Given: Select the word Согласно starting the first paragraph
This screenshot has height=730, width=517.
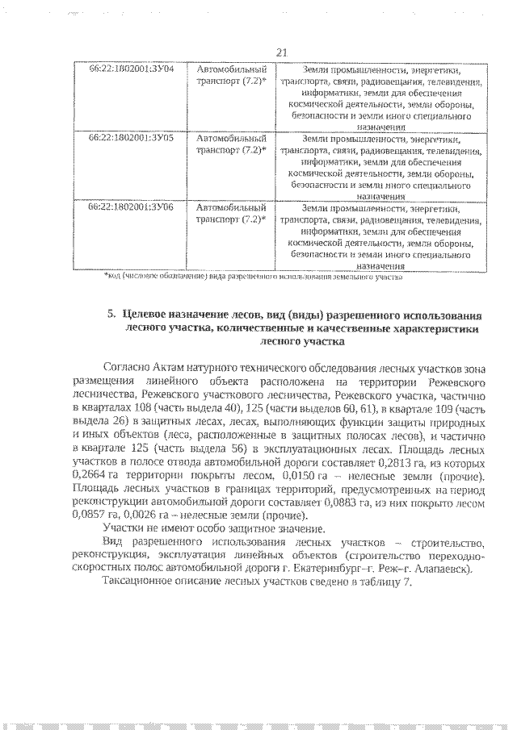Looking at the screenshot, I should click(x=128, y=367).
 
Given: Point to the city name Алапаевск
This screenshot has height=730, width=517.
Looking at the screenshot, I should click(x=443, y=567).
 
